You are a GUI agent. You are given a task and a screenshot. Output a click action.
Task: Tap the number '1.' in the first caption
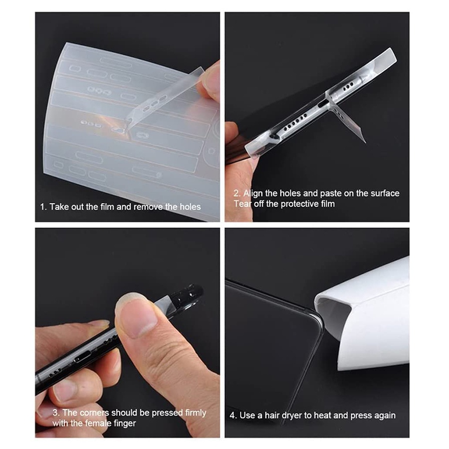coord(43,207)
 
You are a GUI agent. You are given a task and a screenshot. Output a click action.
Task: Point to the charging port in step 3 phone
coord(82,357)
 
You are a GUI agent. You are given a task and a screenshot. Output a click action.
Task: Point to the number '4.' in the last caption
coord(233,416)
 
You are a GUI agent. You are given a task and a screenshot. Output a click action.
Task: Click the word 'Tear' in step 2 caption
coord(242,204)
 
